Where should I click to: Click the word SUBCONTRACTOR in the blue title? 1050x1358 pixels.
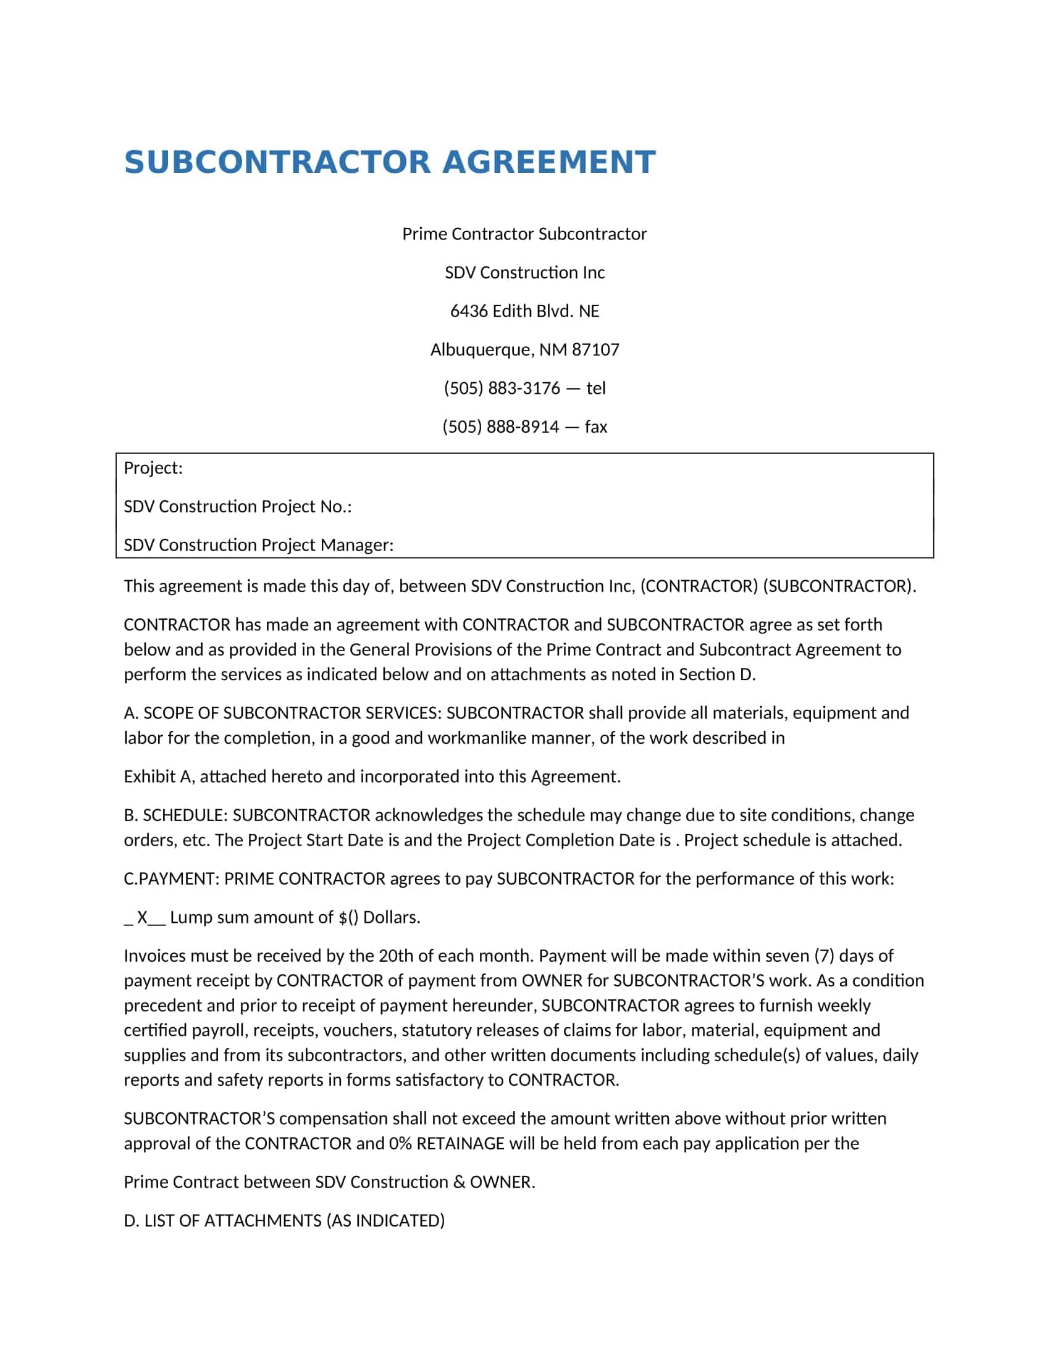click(277, 162)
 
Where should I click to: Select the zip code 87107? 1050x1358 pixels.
click(595, 349)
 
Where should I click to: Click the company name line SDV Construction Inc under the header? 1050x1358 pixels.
click(524, 272)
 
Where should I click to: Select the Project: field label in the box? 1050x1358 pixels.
click(153, 468)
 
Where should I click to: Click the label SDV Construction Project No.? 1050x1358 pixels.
click(238, 506)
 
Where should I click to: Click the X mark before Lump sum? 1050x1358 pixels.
click(143, 917)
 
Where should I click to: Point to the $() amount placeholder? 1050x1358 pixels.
click(348, 917)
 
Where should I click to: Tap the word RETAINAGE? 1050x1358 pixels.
click(460, 1143)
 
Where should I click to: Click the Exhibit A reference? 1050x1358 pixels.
click(158, 777)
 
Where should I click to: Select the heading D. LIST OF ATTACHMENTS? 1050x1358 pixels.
click(284, 1220)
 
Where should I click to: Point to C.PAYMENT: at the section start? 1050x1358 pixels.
click(171, 878)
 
